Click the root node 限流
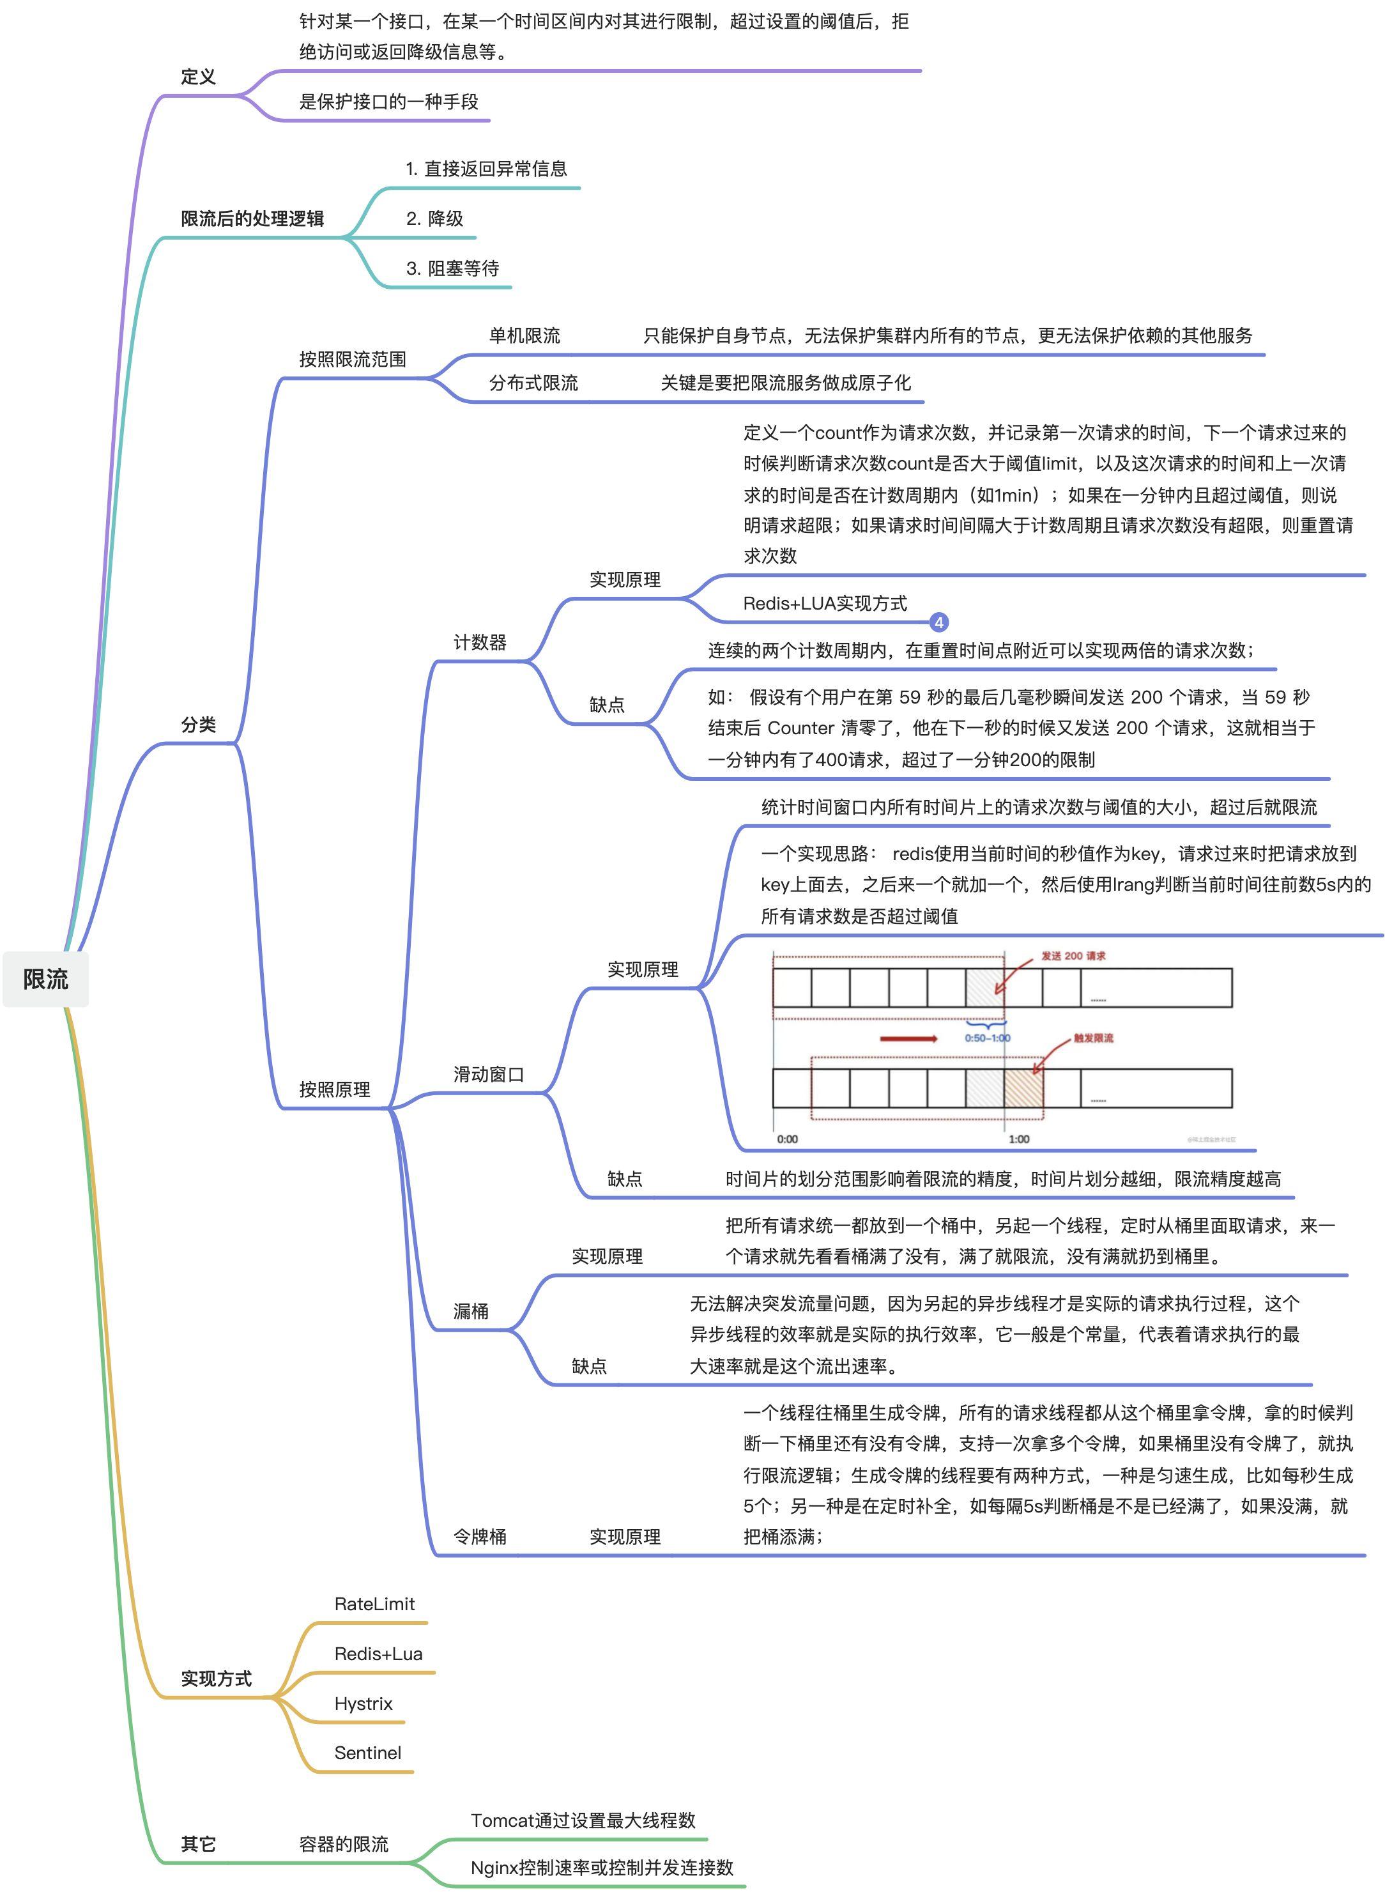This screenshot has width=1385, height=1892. [x=45, y=979]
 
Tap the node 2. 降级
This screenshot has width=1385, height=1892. [x=434, y=218]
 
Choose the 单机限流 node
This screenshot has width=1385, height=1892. [x=525, y=335]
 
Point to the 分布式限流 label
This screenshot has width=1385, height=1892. [x=533, y=383]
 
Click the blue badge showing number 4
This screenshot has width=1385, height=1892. [x=939, y=622]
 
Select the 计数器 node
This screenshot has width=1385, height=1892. [x=480, y=642]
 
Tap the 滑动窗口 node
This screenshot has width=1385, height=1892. [x=489, y=1074]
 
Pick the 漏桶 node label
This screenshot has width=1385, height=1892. [x=471, y=1311]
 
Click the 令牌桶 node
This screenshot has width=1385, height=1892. [x=480, y=1536]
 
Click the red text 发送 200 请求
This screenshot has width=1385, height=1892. [x=1073, y=956]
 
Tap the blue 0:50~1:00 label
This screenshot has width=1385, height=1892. [x=987, y=1038]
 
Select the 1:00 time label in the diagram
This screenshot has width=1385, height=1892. [x=1019, y=1139]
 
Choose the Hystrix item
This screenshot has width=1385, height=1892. [x=363, y=1704]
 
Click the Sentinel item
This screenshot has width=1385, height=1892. [x=367, y=1753]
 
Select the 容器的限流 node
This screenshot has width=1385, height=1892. [x=344, y=1844]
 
